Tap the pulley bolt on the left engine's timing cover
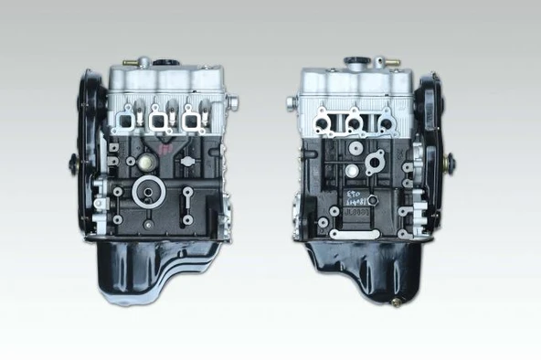tap(73, 164)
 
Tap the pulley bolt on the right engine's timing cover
tap(447, 164)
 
